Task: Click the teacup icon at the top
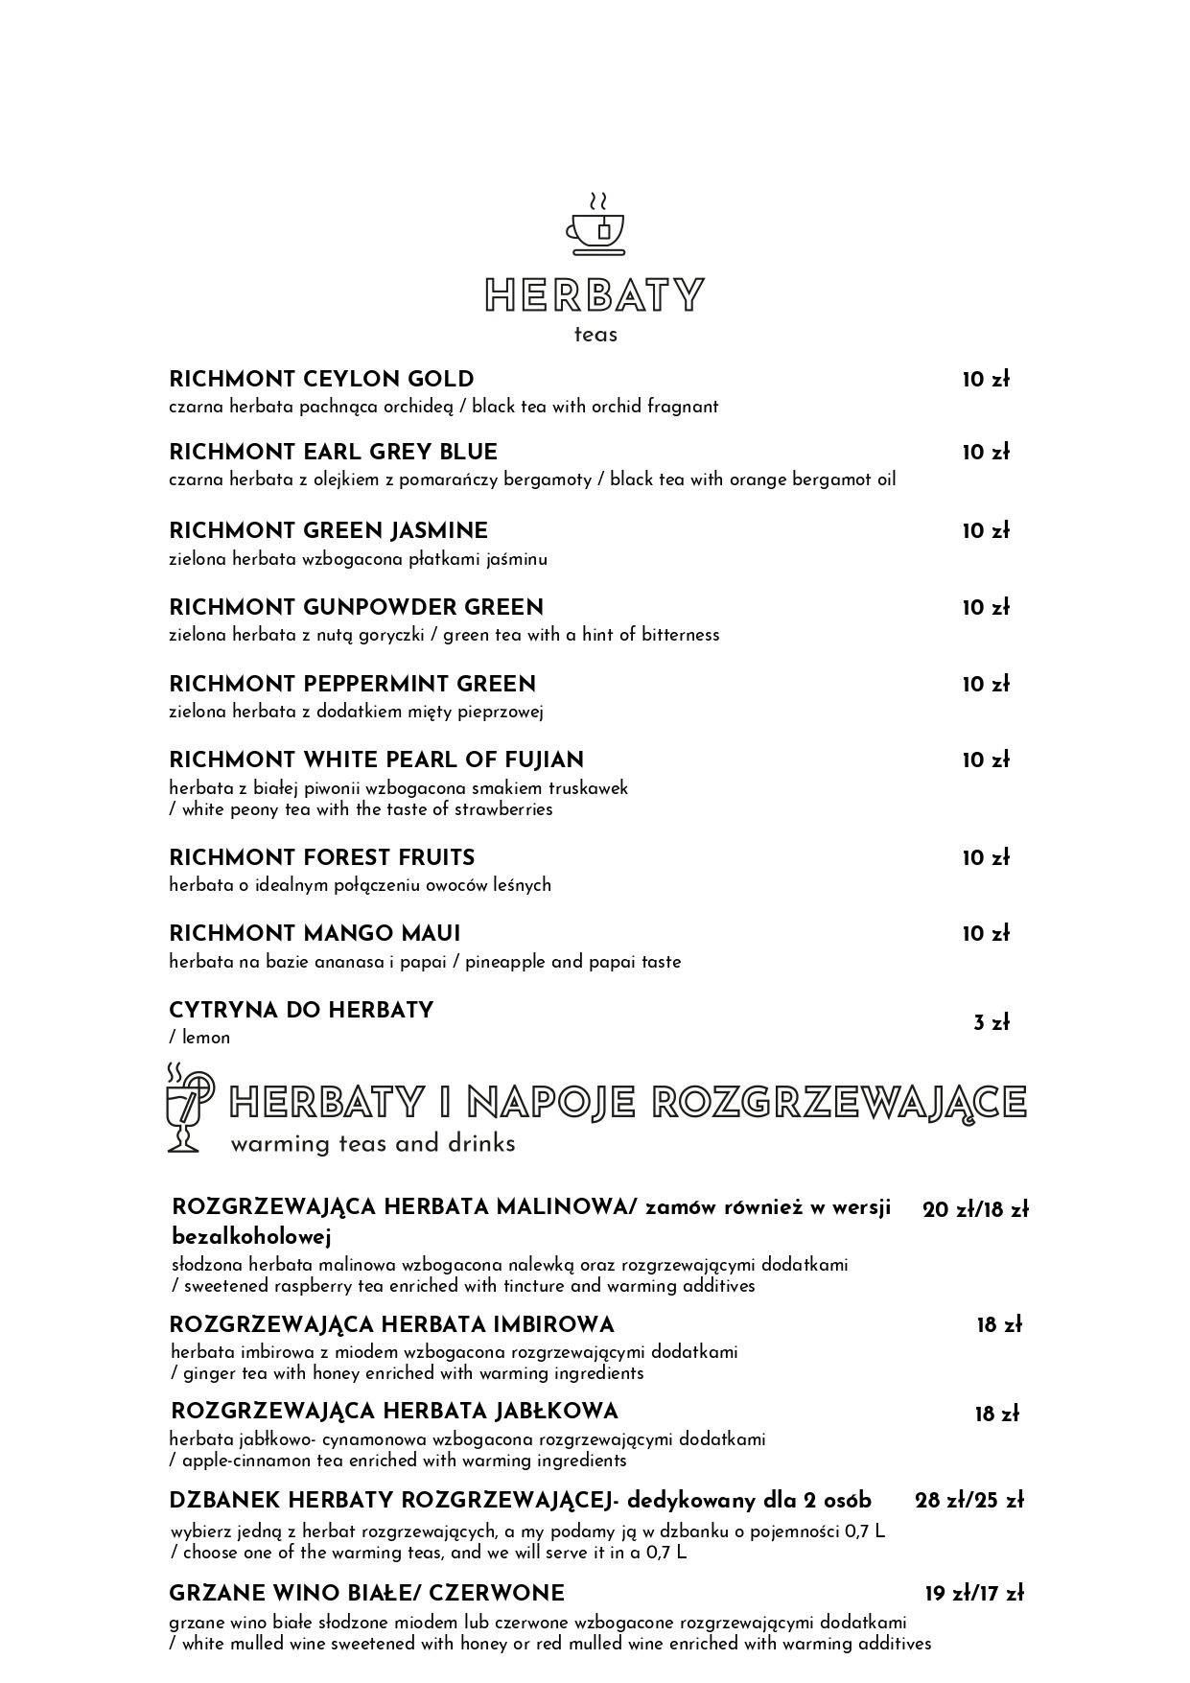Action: [x=595, y=225]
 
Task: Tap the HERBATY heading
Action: [x=595, y=295]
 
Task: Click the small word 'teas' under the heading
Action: [x=595, y=335]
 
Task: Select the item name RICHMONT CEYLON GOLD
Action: [x=321, y=379]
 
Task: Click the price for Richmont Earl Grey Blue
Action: [x=986, y=453]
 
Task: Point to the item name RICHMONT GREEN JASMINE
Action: [x=328, y=531]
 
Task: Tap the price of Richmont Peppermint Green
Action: [x=986, y=685]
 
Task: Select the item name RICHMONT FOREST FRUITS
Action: [x=321, y=857]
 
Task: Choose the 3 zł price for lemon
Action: [x=992, y=1023]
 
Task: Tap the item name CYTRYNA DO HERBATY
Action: [x=301, y=1011]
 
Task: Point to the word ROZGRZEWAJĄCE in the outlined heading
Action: [x=839, y=1103]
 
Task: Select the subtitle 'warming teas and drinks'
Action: [x=373, y=1144]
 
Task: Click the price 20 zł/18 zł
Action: [x=974, y=1210]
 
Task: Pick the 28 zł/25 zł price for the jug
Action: [x=968, y=1501]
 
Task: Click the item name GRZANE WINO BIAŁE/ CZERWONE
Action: [x=366, y=1594]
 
